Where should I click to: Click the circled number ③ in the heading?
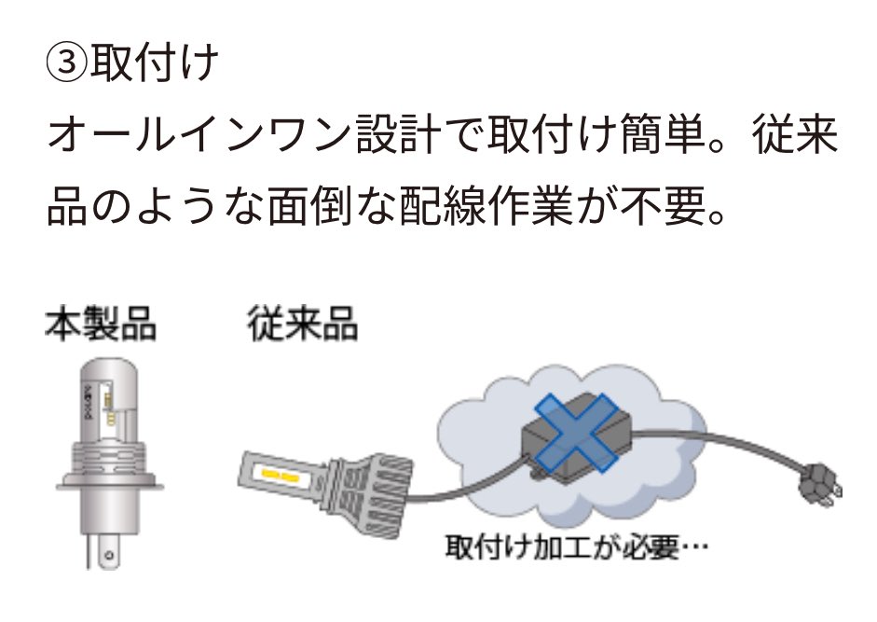67,63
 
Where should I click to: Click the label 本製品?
101,326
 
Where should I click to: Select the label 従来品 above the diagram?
302,326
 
